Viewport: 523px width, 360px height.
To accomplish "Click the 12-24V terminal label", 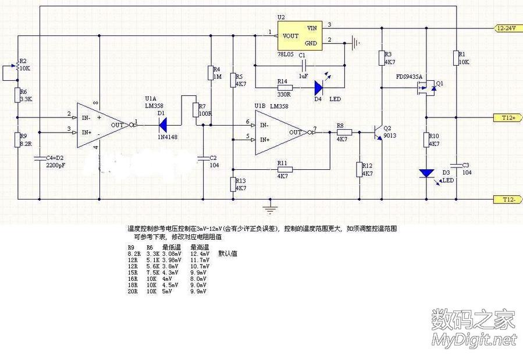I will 507,28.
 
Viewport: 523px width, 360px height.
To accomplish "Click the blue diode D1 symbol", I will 164,123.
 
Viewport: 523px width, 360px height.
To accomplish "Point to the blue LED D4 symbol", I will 319,88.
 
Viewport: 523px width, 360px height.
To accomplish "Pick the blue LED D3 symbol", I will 427,173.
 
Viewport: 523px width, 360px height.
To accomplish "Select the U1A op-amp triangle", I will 102,124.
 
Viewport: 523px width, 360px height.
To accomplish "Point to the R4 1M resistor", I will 210,73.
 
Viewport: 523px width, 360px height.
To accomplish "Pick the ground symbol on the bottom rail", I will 268,204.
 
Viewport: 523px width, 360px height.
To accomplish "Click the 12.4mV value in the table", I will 199,254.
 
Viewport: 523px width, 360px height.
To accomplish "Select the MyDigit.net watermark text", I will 473,340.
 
